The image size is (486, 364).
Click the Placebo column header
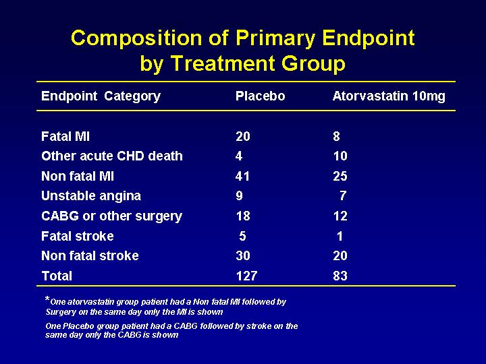tap(260, 96)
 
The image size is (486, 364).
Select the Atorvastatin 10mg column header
tap(389, 96)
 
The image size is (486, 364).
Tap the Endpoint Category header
tap(101, 96)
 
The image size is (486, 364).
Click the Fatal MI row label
tap(65, 136)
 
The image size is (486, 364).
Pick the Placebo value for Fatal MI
tap(243, 136)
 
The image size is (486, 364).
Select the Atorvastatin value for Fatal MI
tap(336, 136)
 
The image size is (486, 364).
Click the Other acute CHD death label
tap(112, 156)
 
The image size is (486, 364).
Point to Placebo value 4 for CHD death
tap(239, 156)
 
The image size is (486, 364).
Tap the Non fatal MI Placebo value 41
tap(242, 176)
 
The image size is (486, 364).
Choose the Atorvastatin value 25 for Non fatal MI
tap(340, 176)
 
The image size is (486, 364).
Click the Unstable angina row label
tap(91, 196)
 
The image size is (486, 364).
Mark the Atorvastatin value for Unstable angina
tap(342, 195)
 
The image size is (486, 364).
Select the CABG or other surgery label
tap(111, 216)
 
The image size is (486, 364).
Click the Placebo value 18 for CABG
tap(243, 216)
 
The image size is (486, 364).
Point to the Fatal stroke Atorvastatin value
tap(340, 236)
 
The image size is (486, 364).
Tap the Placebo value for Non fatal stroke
tap(243, 255)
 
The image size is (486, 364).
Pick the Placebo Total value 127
tap(246, 276)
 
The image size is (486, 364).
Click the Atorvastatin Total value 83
tap(340, 276)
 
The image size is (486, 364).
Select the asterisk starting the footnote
tap(47, 299)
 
